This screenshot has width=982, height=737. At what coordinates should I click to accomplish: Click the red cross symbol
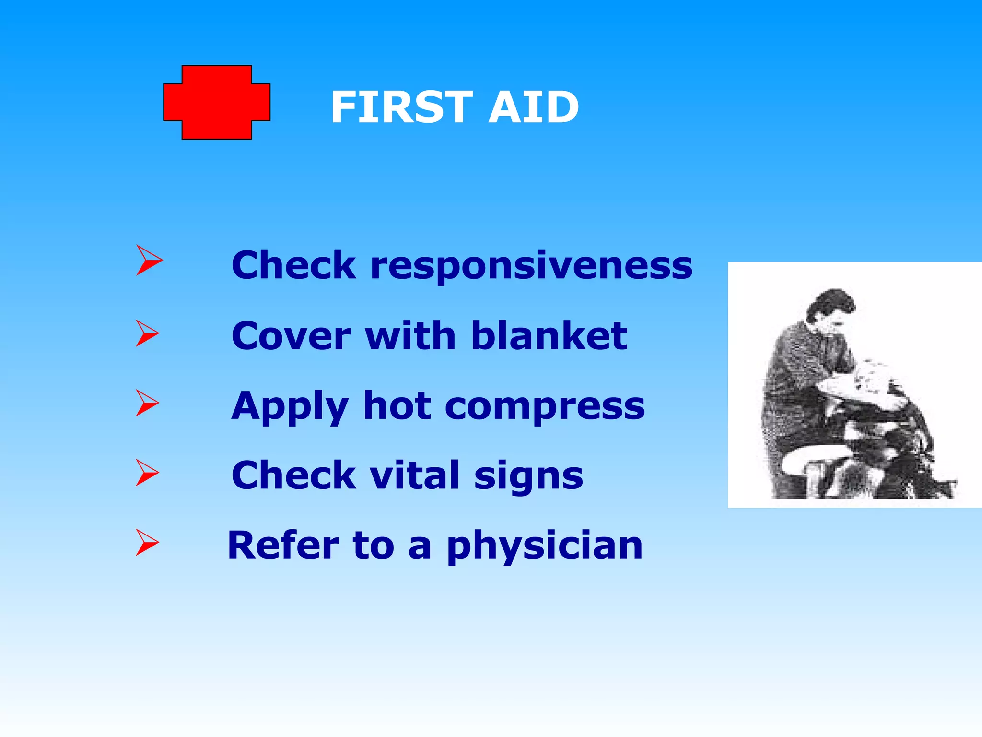(x=217, y=102)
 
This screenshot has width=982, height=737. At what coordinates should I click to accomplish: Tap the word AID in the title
(x=533, y=107)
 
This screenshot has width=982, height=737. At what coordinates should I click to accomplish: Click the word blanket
(x=549, y=335)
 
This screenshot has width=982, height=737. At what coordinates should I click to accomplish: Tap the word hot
(x=397, y=406)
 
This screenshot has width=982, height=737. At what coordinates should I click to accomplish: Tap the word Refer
(x=283, y=545)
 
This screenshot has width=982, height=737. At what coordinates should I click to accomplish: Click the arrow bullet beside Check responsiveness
(x=149, y=260)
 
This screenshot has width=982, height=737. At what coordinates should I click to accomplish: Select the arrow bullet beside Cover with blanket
(x=147, y=333)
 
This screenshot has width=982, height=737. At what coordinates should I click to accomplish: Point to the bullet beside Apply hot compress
(x=147, y=403)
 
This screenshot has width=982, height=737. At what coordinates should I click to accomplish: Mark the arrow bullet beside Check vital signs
(x=147, y=473)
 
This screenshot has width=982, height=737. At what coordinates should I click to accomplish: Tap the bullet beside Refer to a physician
(x=147, y=543)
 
